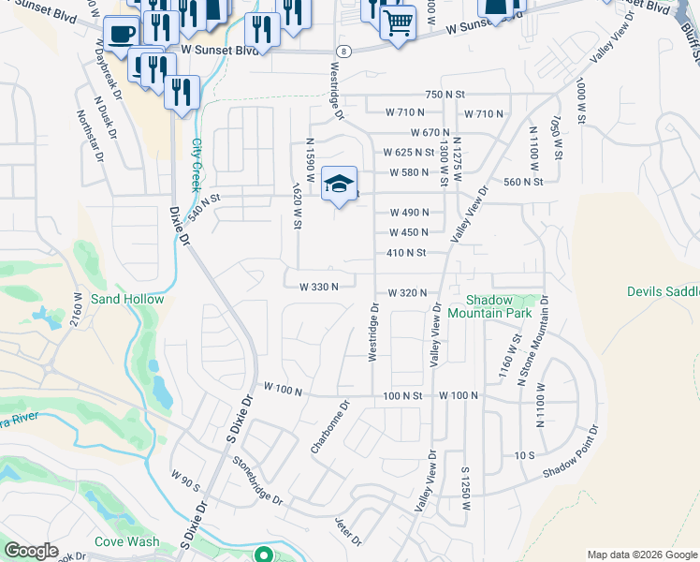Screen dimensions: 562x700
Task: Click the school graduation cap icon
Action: (x=340, y=184)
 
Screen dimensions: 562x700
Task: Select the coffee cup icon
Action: (x=121, y=35)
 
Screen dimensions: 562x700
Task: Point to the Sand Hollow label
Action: (x=127, y=300)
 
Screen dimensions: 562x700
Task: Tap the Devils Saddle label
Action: (x=663, y=292)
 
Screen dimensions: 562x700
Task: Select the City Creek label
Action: (x=197, y=165)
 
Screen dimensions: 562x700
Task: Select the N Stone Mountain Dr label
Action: (x=544, y=338)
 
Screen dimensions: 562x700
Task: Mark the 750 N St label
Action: (x=445, y=95)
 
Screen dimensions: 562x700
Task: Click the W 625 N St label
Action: (x=408, y=152)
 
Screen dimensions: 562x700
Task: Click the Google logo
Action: (x=31, y=551)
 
